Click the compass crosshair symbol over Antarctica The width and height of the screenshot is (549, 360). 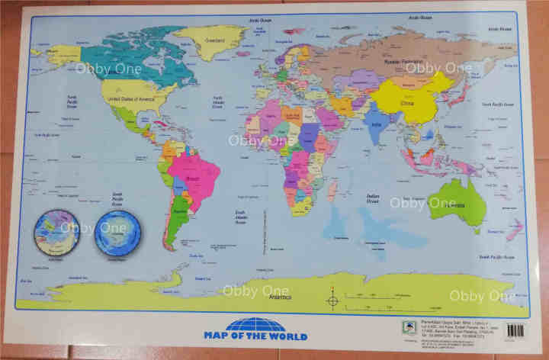332,300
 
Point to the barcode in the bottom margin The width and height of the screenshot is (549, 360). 516,330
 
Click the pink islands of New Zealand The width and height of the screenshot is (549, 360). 515,230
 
